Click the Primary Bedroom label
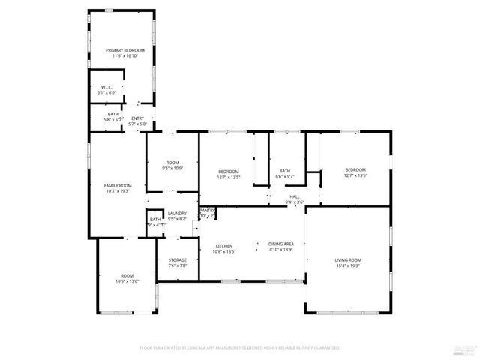pyautogui.click(x=124, y=50)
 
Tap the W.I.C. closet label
pyautogui.click(x=106, y=88)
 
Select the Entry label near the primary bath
pyautogui.click(x=137, y=118)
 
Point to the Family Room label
pyautogui.click(x=118, y=185)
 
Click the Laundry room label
pyautogui.click(x=177, y=214)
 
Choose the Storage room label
pyautogui.click(x=177, y=259)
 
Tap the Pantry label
pyautogui.click(x=208, y=210)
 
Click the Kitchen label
pyautogui.click(x=224, y=246)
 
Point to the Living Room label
pyautogui.click(x=348, y=259)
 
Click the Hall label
pyautogui.click(x=295, y=196)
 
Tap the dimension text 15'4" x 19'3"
pyautogui.click(x=348, y=265)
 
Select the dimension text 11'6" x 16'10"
pyautogui.click(x=124, y=56)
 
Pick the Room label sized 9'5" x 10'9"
pyautogui.click(x=172, y=163)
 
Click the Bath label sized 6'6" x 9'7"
pyautogui.click(x=285, y=170)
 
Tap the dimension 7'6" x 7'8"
pyautogui.click(x=177, y=265)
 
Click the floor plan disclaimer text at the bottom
pyautogui.click(x=240, y=348)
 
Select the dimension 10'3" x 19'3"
pyautogui.click(x=118, y=191)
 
